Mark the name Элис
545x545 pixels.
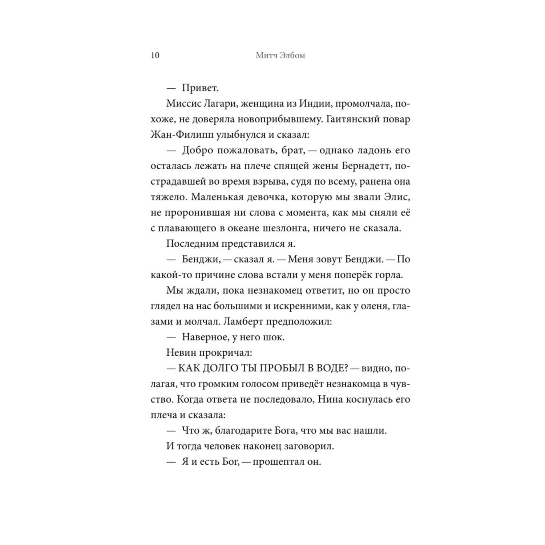pos(397,197)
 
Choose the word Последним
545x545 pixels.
pos(190,243)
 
